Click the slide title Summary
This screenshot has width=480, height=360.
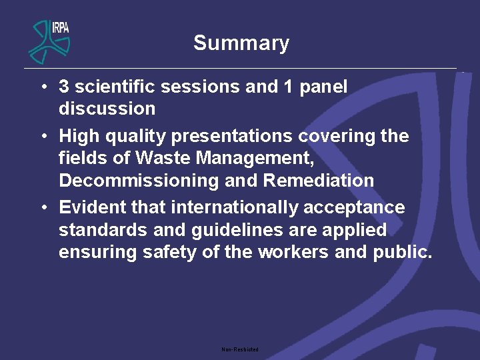[x=241, y=43]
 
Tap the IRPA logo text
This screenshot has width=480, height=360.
[x=60, y=27]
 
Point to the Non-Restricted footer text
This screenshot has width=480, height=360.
[x=240, y=349]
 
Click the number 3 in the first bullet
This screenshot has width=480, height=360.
[x=64, y=87]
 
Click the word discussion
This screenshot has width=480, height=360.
[x=107, y=109]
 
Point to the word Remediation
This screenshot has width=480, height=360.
[x=319, y=181]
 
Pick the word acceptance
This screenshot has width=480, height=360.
[x=354, y=207]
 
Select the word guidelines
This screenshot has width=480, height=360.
[x=235, y=230]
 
